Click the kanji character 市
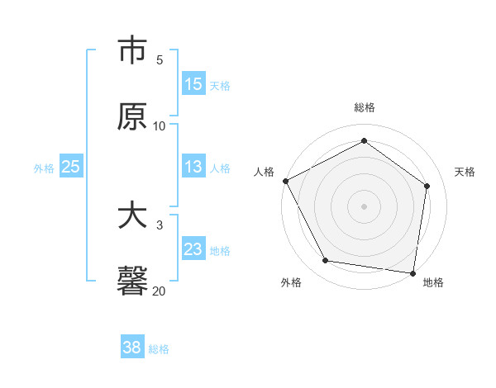pos(132,51)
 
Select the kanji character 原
pos(132,116)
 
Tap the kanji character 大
pos(132,216)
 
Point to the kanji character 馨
pos(132,281)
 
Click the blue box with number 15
pos(193,83)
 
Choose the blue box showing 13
pos(193,167)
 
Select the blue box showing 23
pos(193,249)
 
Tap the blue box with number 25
pos(70,167)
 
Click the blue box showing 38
pos(131,348)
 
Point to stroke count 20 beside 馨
pos(159,291)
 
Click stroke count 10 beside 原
pos(159,125)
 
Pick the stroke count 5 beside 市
pos(160,60)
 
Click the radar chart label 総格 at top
pos(365,107)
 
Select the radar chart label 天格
pos(465,172)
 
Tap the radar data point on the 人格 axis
pos(285,181)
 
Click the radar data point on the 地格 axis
pos(413,272)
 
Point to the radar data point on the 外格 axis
pos(326,261)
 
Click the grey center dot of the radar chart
pos(365,206)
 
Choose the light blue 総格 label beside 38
pos(159,348)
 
